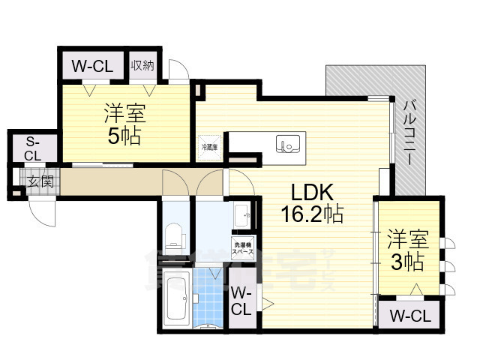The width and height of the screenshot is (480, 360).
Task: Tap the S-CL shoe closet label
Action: tap(33, 148)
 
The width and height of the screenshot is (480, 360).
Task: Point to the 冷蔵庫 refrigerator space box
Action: tap(209, 148)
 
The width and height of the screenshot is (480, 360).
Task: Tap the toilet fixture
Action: tap(174, 235)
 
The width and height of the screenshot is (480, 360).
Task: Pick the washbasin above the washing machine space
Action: tap(241, 217)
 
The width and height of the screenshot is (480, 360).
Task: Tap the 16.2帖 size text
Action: tap(312, 214)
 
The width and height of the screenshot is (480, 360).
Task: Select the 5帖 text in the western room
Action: tap(124, 137)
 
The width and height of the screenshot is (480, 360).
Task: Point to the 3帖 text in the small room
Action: tap(406, 262)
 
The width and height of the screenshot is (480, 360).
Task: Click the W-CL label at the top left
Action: tap(91, 66)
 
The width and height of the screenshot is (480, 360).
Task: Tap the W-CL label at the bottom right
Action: tap(410, 316)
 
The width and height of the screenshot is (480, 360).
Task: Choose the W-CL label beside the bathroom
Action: tap(241, 300)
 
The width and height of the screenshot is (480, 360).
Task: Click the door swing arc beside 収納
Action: tap(179, 70)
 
